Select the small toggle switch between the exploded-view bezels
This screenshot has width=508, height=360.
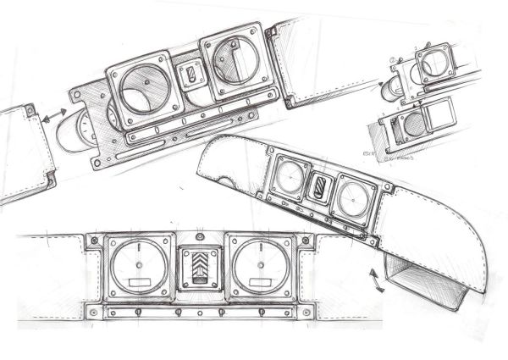coord(192,76)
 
